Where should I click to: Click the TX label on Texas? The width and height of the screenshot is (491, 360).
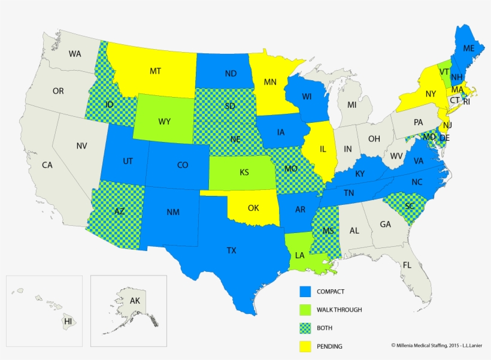(232, 250)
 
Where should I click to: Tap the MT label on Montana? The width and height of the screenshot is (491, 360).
(155, 71)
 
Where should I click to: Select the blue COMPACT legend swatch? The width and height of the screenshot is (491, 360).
(307, 292)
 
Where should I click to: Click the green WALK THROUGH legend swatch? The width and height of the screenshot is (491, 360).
(307, 310)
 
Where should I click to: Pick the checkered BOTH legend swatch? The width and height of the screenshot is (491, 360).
(307, 328)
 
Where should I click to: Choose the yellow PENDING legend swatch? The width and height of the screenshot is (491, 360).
(307, 346)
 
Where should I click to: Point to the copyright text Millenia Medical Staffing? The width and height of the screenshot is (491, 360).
(438, 345)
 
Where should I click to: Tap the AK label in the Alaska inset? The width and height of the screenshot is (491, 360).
(134, 301)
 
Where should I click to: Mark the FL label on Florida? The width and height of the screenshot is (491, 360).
(407, 265)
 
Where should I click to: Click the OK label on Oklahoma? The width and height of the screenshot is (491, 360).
(253, 208)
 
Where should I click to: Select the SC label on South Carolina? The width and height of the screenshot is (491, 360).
(410, 205)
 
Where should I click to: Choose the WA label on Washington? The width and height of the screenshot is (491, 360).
(75, 54)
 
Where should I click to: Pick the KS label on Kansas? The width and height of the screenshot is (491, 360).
(244, 173)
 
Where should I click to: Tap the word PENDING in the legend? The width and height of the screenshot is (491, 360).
(331, 346)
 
